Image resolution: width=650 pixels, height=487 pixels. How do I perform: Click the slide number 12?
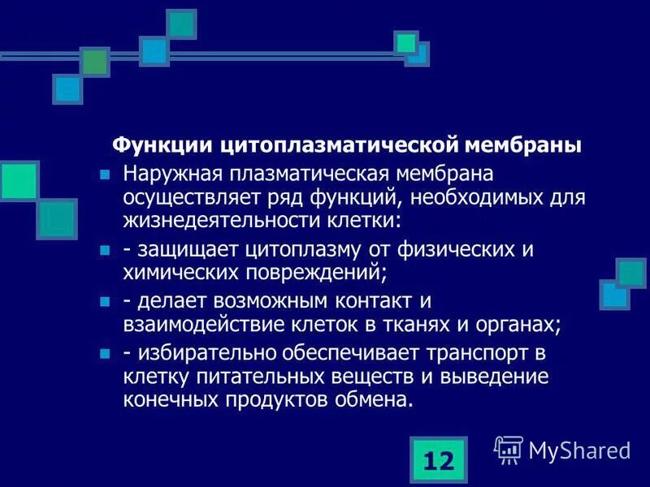[x=438, y=460]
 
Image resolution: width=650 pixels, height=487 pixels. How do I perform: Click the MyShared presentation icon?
[x=509, y=449]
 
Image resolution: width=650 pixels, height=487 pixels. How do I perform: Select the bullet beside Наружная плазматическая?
[x=103, y=175]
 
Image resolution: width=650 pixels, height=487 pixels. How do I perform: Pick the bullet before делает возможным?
[x=103, y=302]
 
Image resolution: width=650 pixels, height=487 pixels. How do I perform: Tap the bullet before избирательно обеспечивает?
[x=103, y=355]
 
